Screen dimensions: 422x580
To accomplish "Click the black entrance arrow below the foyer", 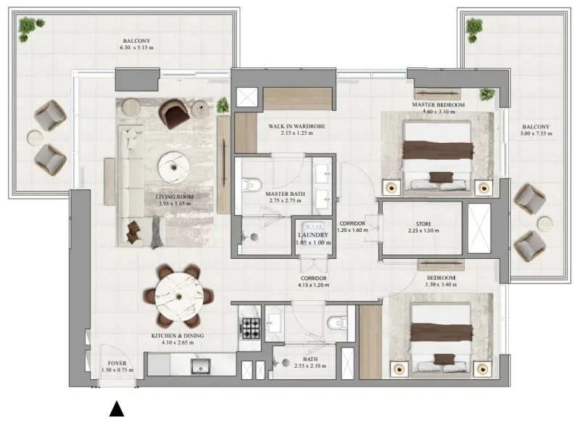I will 116,410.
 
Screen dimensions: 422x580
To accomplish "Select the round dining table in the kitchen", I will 178,296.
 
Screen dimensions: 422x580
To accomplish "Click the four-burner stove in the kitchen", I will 249,328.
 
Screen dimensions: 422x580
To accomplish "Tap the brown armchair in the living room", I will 175,113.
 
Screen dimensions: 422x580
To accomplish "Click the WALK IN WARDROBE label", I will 296,126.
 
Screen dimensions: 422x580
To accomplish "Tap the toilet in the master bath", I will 251,186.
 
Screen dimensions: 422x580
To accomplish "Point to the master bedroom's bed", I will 438,152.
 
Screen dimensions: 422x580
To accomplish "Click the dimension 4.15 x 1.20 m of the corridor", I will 314,286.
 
